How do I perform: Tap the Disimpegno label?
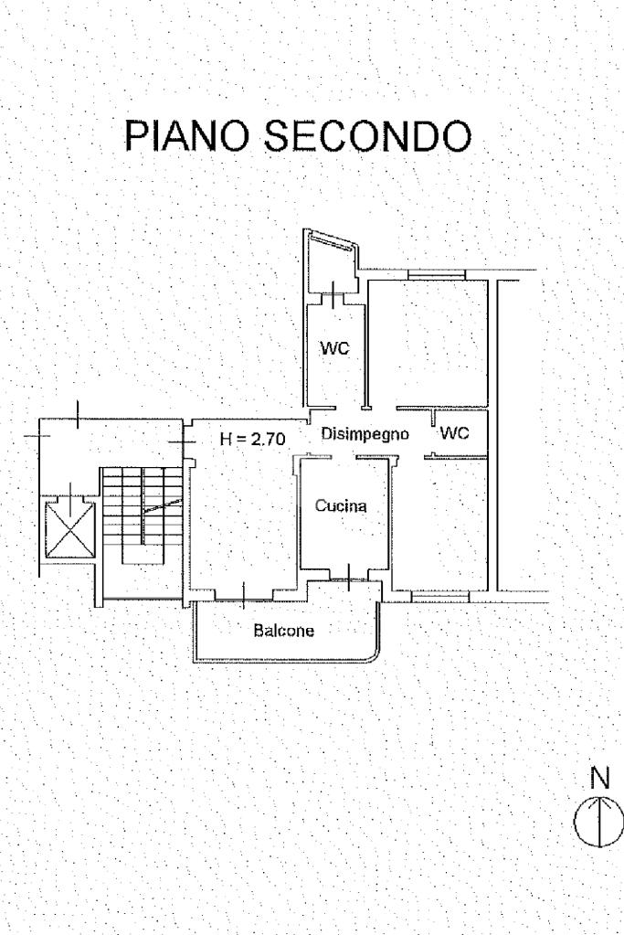pyautogui.click(x=365, y=435)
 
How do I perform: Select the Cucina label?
pyautogui.click(x=340, y=505)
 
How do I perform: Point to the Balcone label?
pyautogui.click(x=283, y=630)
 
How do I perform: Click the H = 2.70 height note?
pyautogui.click(x=253, y=439)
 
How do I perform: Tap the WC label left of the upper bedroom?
pyautogui.click(x=334, y=348)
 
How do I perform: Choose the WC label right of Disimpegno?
pyautogui.click(x=454, y=434)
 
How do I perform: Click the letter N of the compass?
pyautogui.click(x=600, y=779)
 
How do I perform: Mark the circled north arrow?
pyautogui.click(x=599, y=820)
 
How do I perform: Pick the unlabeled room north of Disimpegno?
pyautogui.click(x=430, y=343)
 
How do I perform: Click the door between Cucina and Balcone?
pyautogui.click(x=350, y=576)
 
